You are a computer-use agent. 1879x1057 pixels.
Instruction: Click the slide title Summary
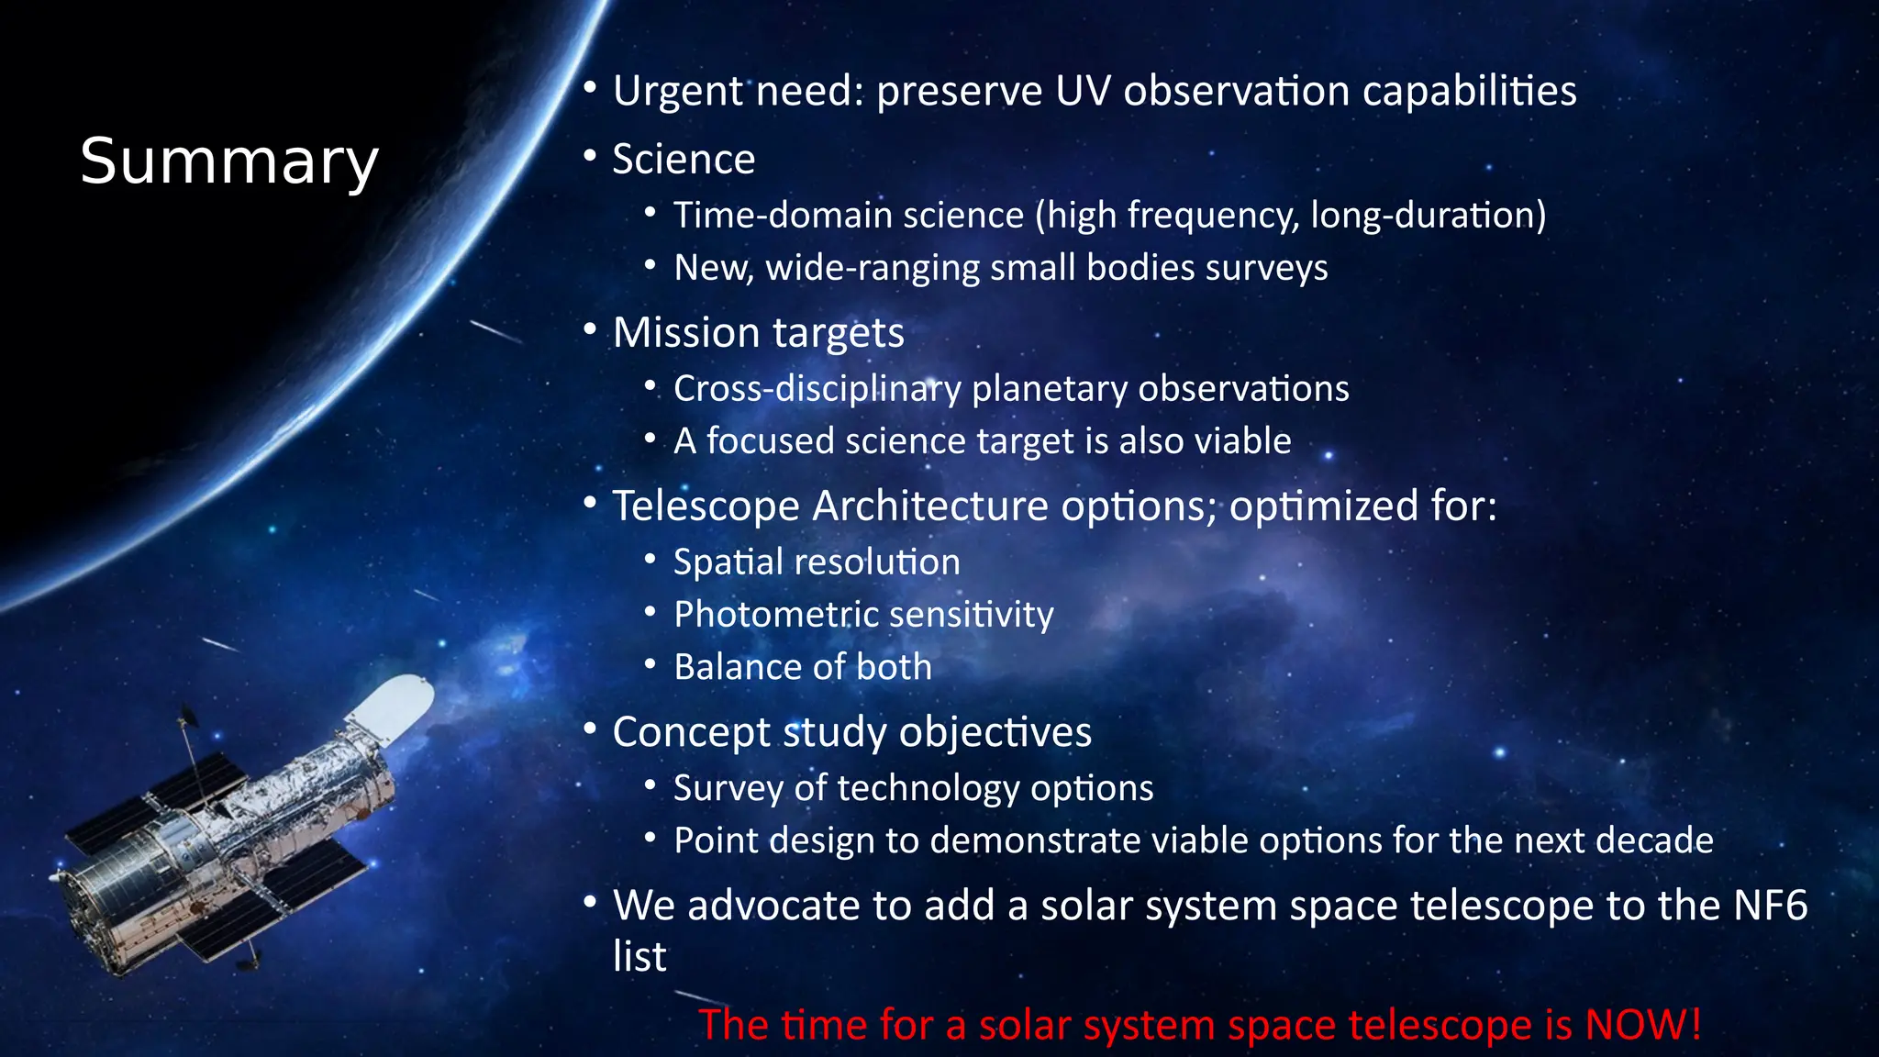tap(229, 161)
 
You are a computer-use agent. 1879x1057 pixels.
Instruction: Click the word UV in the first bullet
tap(1083, 91)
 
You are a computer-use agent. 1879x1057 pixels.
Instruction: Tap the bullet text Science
tap(684, 160)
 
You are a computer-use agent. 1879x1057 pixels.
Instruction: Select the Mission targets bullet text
tap(758, 332)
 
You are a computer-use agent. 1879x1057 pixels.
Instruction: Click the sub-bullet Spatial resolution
tap(817, 562)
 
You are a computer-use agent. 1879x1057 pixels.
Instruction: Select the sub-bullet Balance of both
tap(802, 667)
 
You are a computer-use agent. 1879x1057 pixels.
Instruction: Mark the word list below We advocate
tap(639, 957)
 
